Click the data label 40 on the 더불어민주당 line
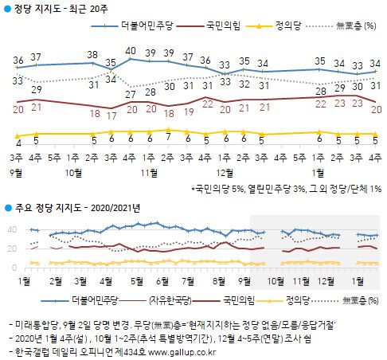coord(131,50)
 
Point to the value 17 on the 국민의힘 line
coord(112,115)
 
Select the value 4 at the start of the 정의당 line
coord(18,143)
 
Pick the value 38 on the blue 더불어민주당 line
coord(93,54)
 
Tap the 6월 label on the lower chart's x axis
coord(162,280)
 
